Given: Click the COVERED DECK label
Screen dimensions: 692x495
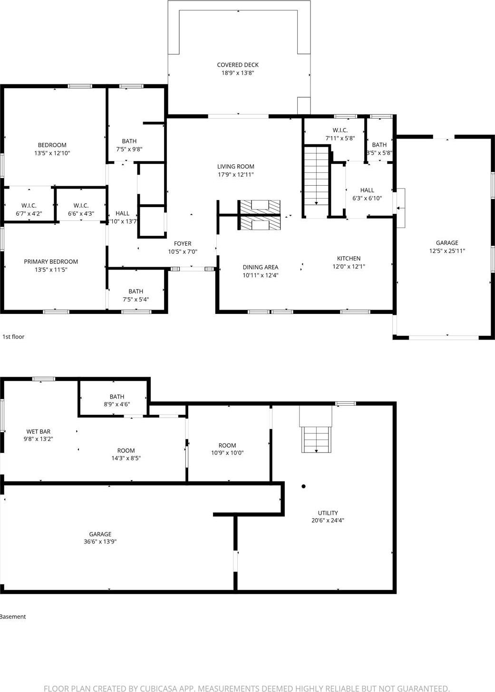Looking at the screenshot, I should tap(238, 65).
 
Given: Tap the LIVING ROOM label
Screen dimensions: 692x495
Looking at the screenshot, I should tap(236, 167).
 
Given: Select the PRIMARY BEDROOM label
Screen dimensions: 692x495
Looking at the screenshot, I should tap(51, 261).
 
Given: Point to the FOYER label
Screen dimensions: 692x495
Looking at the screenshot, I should tap(183, 244).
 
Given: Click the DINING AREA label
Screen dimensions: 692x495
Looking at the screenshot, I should tap(260, 267).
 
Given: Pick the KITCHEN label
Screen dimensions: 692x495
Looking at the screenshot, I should tap(349, 259).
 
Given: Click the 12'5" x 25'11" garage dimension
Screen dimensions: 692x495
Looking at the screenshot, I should tap(447, 251).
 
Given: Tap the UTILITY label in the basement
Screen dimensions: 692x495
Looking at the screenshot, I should tap(328, 513).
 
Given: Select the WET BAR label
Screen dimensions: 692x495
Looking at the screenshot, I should tap(39, 431).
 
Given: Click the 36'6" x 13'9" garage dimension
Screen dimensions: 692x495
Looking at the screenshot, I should tap(100, 542).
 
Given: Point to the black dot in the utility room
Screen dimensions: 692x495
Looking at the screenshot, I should tap(303, 486).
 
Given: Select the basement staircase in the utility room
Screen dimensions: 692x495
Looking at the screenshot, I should tap(316, 439).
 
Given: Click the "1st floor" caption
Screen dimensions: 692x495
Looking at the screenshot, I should tap(13, 337).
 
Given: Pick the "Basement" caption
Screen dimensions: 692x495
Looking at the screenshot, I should tap(13, 617).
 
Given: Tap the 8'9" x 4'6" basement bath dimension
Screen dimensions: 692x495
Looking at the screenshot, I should tap(117, 404).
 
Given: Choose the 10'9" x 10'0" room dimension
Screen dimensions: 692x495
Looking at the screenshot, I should tap(227, 453).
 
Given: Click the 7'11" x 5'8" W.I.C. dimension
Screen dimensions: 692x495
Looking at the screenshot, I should tap(340, 139).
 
